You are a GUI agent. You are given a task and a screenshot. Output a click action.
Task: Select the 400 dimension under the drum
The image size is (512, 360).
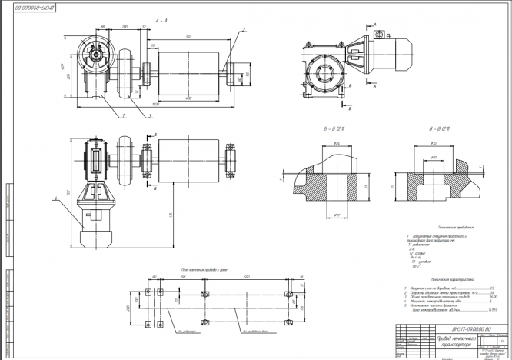click(189, 100)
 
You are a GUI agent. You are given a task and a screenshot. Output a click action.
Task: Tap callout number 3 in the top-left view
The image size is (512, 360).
click(151, 115)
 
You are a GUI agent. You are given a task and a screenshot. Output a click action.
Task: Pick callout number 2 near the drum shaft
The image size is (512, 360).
click(243, 29)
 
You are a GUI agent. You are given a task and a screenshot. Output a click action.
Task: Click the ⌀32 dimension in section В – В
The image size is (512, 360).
click(434, 143)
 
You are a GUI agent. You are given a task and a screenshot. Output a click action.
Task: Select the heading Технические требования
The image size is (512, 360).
click(441, 228)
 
